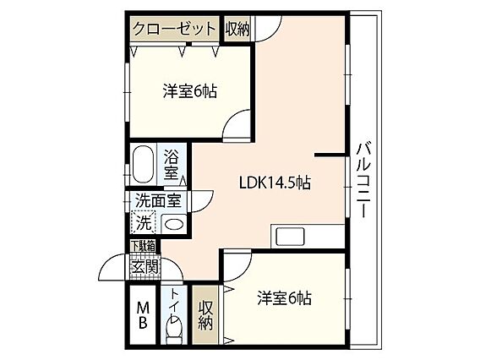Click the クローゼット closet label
pyautogui.click(x=175, y=28)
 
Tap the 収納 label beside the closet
pyautogui.click(x=237, y=28)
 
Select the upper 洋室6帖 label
pyautogui.click(x=189, y=90)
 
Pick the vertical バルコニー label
pyautogui.click(x=362, y=179)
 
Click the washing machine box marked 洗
pyautogui.click(x=144, y=224)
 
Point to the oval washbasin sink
pyautogui.click(x=173, y=225)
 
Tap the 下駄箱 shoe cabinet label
pyautogui.click(x=142, y=246)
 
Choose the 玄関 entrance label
pyautogui.click(x=145, y=265)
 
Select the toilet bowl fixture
pyautogui.click(x=175, y=330)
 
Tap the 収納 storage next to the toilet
pyautogui.click(x=205, y=314)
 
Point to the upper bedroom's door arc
pyautogui.click(x=235, y=125)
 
